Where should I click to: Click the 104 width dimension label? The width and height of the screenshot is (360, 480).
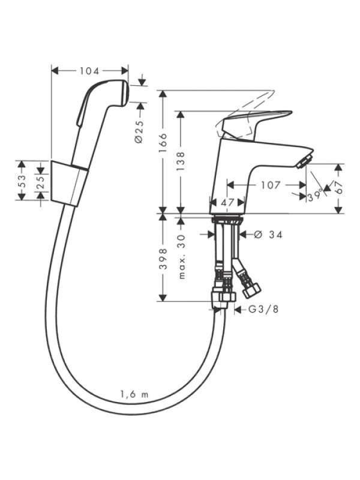click(89, 71)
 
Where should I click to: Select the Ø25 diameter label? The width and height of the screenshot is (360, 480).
click(139, 131)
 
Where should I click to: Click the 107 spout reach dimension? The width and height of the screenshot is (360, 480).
click(271, 185)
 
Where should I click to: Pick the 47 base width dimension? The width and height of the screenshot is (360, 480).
click(227, 202)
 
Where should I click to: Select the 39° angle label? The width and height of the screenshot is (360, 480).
click(316, 196)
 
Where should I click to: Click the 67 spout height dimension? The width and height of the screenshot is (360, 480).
click(338, 187)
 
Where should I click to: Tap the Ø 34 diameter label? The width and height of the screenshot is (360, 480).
click(268, 235)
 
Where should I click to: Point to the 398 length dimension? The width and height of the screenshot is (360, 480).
click(163, 259)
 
